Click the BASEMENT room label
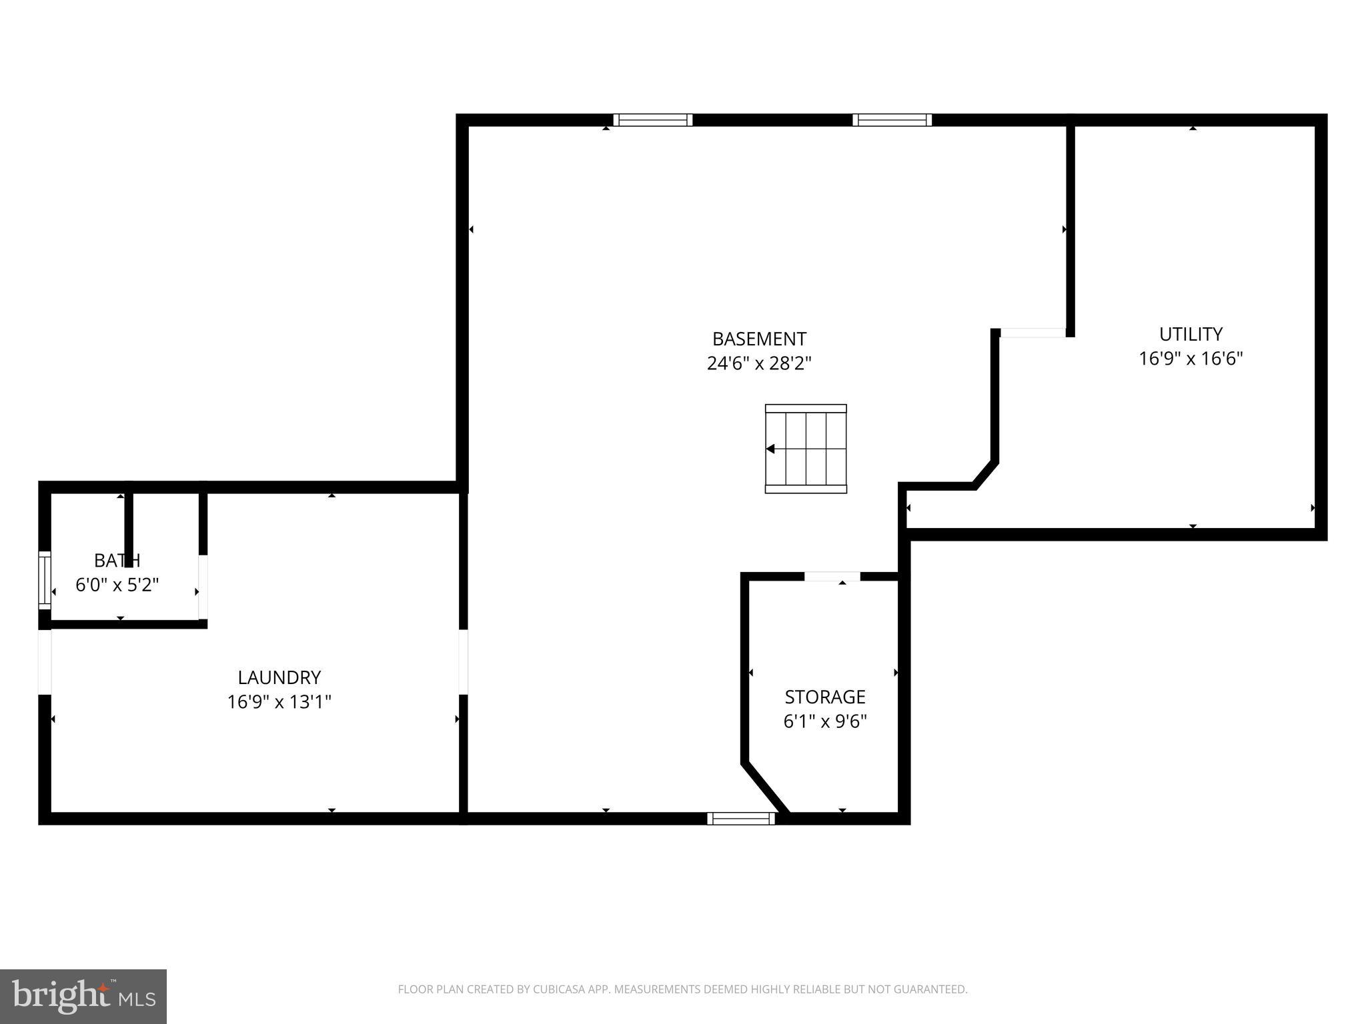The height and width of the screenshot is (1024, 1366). pos(759,339)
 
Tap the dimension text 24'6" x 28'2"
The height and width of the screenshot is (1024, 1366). pos(759,364)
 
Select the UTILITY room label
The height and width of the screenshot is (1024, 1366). pos(1191,334)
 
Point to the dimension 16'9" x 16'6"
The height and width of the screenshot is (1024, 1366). pos(1191,359)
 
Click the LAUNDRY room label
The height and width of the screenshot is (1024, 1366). pos(279,677)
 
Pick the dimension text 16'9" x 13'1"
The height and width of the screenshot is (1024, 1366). pos(279,702)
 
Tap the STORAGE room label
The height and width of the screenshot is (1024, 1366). pos(825,697)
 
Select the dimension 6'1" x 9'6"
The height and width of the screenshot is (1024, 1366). pos(825,721)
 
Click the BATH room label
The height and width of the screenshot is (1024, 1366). pos(117,560)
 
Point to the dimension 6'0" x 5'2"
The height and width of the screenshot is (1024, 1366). pos(117,585)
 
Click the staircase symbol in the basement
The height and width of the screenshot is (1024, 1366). pos(806,449)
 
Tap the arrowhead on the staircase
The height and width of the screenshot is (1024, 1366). pos(770,449)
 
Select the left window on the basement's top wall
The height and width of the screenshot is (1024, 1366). pos(653,120)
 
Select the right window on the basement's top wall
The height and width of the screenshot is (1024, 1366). pos(892,120)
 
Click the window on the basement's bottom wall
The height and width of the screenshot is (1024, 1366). pos(741,818)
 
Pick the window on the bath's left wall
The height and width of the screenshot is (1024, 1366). pos(45,579)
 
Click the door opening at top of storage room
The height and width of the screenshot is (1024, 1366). pos(832,577)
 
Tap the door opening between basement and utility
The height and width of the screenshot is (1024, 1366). pos(1033,333)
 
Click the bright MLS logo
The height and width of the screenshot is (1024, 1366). pos(83,996)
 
